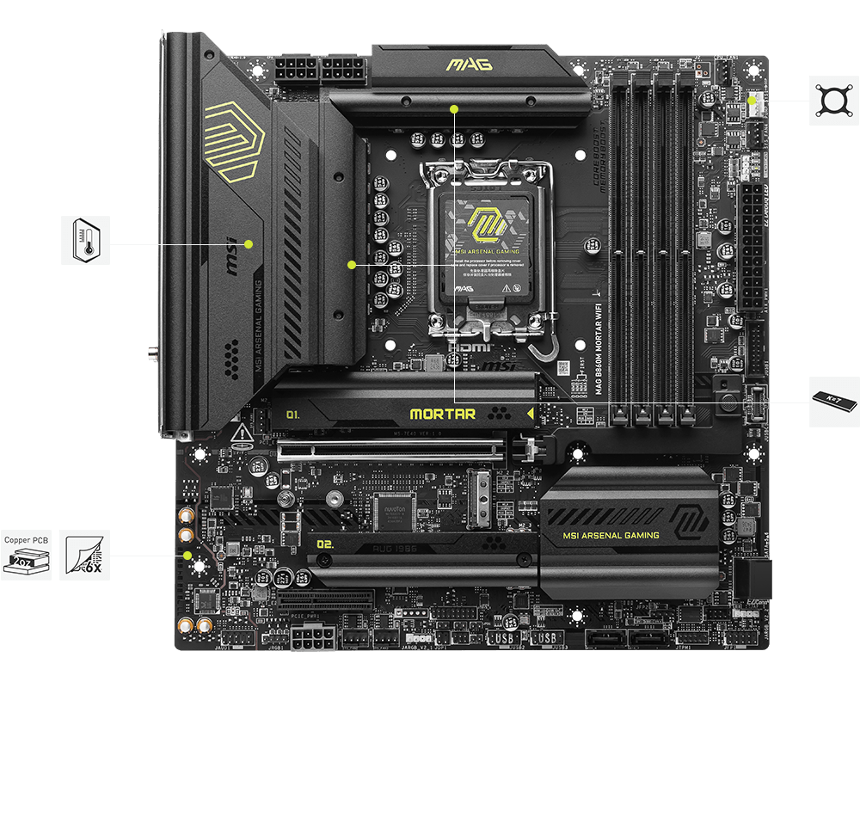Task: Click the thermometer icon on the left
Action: [86, 240]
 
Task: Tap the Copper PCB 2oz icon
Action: [26, 555]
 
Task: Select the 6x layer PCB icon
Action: [85, 555]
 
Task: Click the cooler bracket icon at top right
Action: [833, 101]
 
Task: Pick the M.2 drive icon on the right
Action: [833, 401]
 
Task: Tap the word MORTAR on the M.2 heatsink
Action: [442, 414]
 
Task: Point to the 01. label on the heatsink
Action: [293, 414]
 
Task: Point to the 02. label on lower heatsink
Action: [325, 544]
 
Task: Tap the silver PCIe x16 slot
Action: [391, 448]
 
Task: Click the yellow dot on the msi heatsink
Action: [249, 243]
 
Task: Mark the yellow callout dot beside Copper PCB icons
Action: [187, 556]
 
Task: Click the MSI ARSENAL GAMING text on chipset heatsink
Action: [611, 535]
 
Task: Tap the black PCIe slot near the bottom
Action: [325, 596]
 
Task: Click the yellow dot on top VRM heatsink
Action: [455, 108]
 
